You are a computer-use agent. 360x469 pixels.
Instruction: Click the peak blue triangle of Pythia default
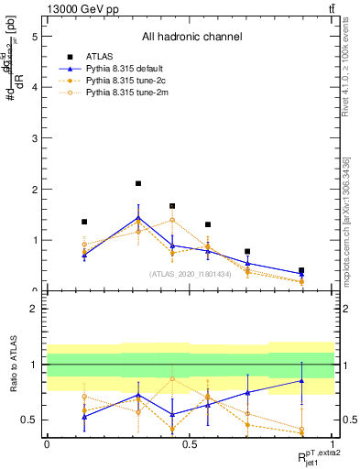[138, 217]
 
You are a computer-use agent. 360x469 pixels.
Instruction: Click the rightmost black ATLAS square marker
[301, 271]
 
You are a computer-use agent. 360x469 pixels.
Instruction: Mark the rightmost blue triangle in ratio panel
[301, 380]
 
